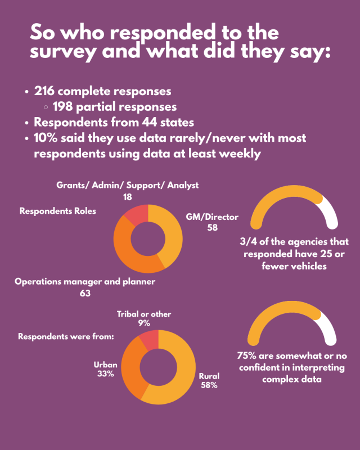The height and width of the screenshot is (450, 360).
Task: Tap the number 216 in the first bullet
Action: point(46,91)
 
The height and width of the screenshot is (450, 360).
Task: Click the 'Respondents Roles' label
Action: point(58,211)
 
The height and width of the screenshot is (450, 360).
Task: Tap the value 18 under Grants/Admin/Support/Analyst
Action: point(128,197)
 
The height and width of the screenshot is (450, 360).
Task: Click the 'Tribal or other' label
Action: point(144,314)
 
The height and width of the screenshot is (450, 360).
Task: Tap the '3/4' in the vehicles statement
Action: point(249,242)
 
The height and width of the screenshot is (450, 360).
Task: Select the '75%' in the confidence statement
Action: point(248,355)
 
